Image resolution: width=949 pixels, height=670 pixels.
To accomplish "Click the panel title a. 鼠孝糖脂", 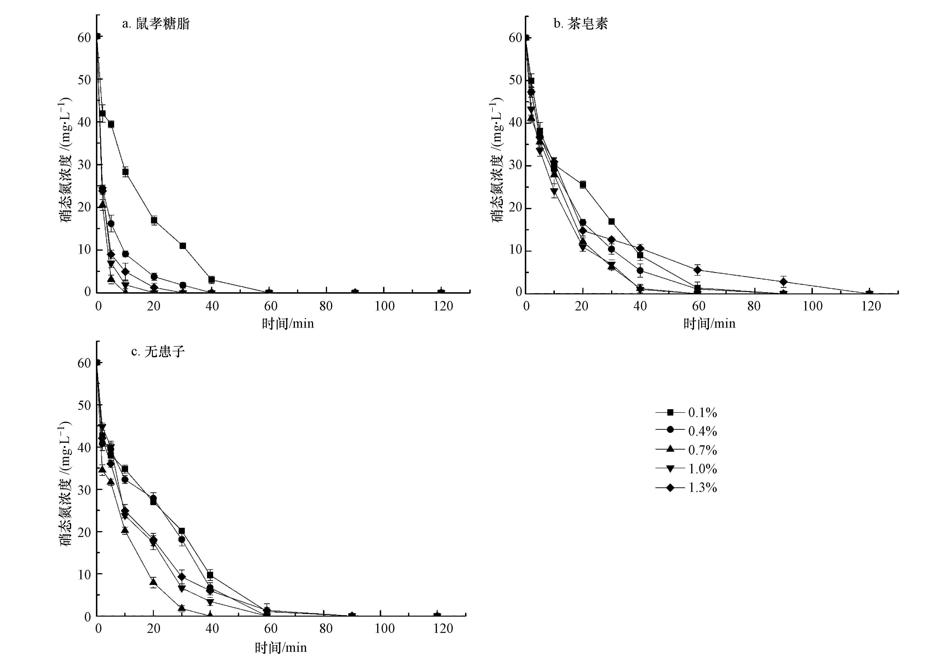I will [156, 24].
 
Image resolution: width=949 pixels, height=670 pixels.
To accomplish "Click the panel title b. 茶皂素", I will [581, 24].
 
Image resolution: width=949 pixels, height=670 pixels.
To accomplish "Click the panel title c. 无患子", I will [158, 352].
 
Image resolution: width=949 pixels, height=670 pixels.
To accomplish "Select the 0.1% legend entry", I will [686, 412].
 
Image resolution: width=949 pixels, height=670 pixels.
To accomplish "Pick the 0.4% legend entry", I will [686, 431].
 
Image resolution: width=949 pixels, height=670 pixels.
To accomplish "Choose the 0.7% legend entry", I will [686, 450].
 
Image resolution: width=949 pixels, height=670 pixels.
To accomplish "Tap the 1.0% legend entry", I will [686, 469].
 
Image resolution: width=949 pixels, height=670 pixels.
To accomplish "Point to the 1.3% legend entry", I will [686, 488].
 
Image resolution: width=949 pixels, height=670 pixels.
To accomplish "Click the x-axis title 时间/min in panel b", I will [709, 324].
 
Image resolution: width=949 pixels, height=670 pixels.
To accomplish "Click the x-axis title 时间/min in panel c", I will [281, 648].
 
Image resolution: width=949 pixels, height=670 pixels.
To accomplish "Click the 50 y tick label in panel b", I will [515, 80].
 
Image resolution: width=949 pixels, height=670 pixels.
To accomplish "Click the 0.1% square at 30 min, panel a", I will [183, 246].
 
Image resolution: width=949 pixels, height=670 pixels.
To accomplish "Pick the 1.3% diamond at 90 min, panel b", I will [783, 282].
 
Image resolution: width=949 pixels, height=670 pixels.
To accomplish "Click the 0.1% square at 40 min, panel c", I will [210, 575].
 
